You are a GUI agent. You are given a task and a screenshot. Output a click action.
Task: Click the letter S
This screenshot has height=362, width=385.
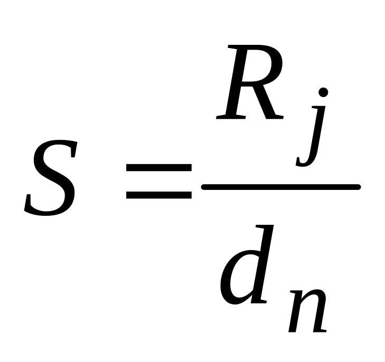pyautogui.click(x=50, y=178)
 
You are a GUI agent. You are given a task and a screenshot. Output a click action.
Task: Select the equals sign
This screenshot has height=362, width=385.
pyautogui.click(x=158, y=181)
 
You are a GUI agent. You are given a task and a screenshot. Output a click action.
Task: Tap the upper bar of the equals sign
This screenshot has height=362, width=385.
pyautogui.click(x=158, y=168)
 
